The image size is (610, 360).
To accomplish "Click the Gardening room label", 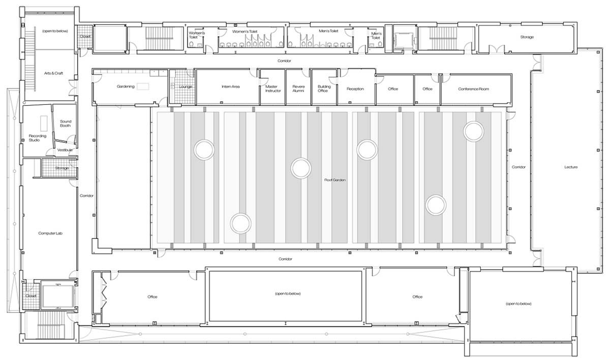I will pyautogui.click(x=125, y=87).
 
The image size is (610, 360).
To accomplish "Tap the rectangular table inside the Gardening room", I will pyautogui.click(x=143, y=86).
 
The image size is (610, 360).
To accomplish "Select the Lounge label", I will pyautogui.click(x=185, y=87).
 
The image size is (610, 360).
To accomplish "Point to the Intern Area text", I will pyautogui.click(x=230, y=87).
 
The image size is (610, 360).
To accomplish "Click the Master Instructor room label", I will pyautogui.click(x=273, y=88).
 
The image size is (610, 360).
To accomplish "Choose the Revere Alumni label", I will pyautogui.click(x=298, y=88).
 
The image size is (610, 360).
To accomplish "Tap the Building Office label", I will pyautogui.click(x=324, y=88).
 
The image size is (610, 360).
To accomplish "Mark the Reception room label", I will pyautogui.click(x=355, y=89).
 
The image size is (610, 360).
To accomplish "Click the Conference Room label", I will pyautogui.click(x=473, y=89).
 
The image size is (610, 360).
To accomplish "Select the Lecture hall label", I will pyautogui.click(x=570, y=167).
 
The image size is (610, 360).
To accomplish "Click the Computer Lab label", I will pyautogui.click(x=50, y=233).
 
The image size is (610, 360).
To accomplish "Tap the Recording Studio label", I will pyautogui.click(x=38, y=138).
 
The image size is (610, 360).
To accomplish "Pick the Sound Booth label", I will pyautogui.click(x=66, y=124).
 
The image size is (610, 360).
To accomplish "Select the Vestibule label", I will pyautogui.click(x=65, y=150).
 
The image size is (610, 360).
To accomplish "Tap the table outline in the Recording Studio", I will pyautogui.click(x=44, y=122).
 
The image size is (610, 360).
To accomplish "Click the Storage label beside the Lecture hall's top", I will pyautogui.click(x=527, y=37).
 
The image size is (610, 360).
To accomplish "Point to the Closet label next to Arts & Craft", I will pyautogui.click(x=84, y=37).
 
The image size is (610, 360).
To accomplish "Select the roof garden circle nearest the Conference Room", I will pyautogui.click(x=473, y=131).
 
